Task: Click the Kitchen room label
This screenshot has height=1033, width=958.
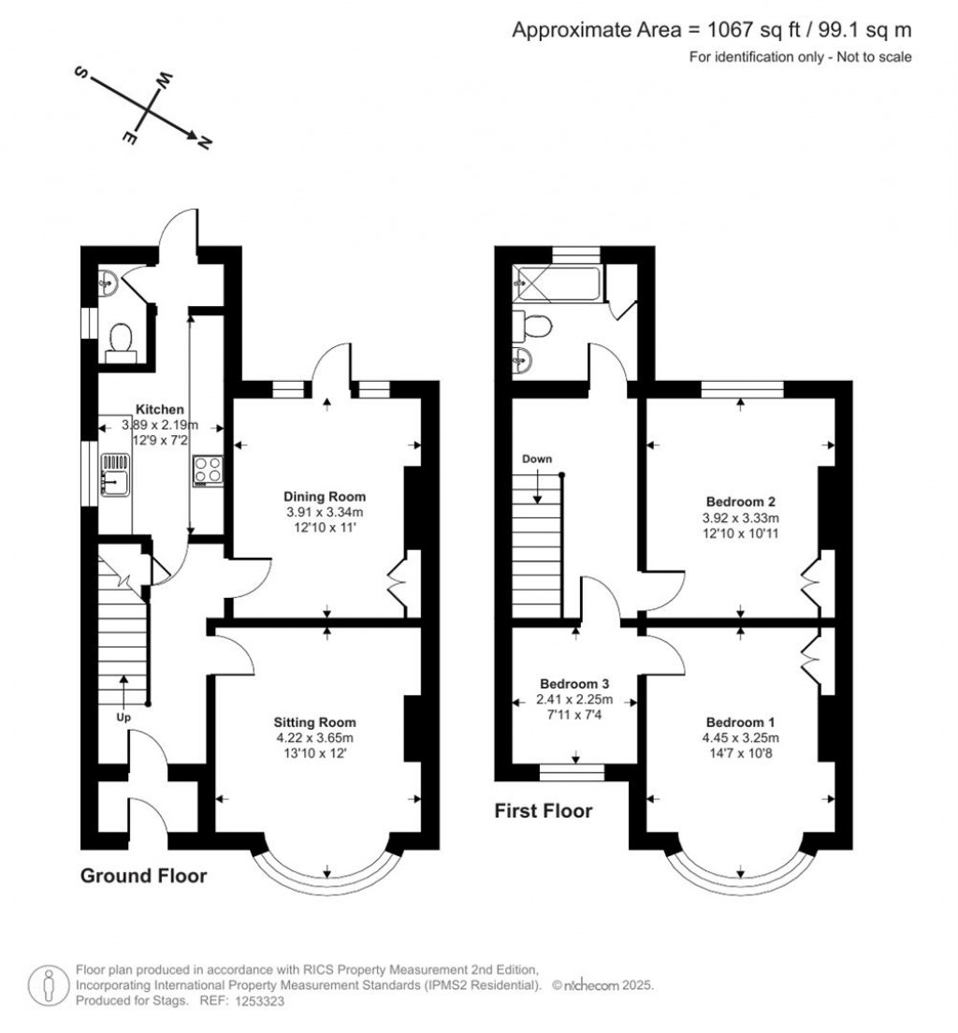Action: (x=159, y=409)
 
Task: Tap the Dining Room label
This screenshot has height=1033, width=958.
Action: (x=324, y=497)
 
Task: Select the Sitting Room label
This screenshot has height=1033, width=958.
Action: (x=315, y=722)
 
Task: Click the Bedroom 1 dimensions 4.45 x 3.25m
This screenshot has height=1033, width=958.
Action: (x=741, y=738)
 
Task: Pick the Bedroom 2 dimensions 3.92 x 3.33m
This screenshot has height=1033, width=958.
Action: (x=741, y=517)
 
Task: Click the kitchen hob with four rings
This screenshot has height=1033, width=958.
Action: (x=209, y=471)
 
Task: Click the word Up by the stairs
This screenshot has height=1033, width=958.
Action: (x=123, y=717)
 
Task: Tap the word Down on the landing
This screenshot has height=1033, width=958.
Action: (x=537, y=459)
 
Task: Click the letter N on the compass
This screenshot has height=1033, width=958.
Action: (x=205, y=142)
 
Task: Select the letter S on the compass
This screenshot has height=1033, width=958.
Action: (x=82, y=72)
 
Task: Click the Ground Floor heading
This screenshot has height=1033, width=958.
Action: (x=144, y=876)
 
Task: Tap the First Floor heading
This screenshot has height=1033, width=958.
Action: (x=544, y=811)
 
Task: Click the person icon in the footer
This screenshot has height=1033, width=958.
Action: (x=49, y=986)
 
